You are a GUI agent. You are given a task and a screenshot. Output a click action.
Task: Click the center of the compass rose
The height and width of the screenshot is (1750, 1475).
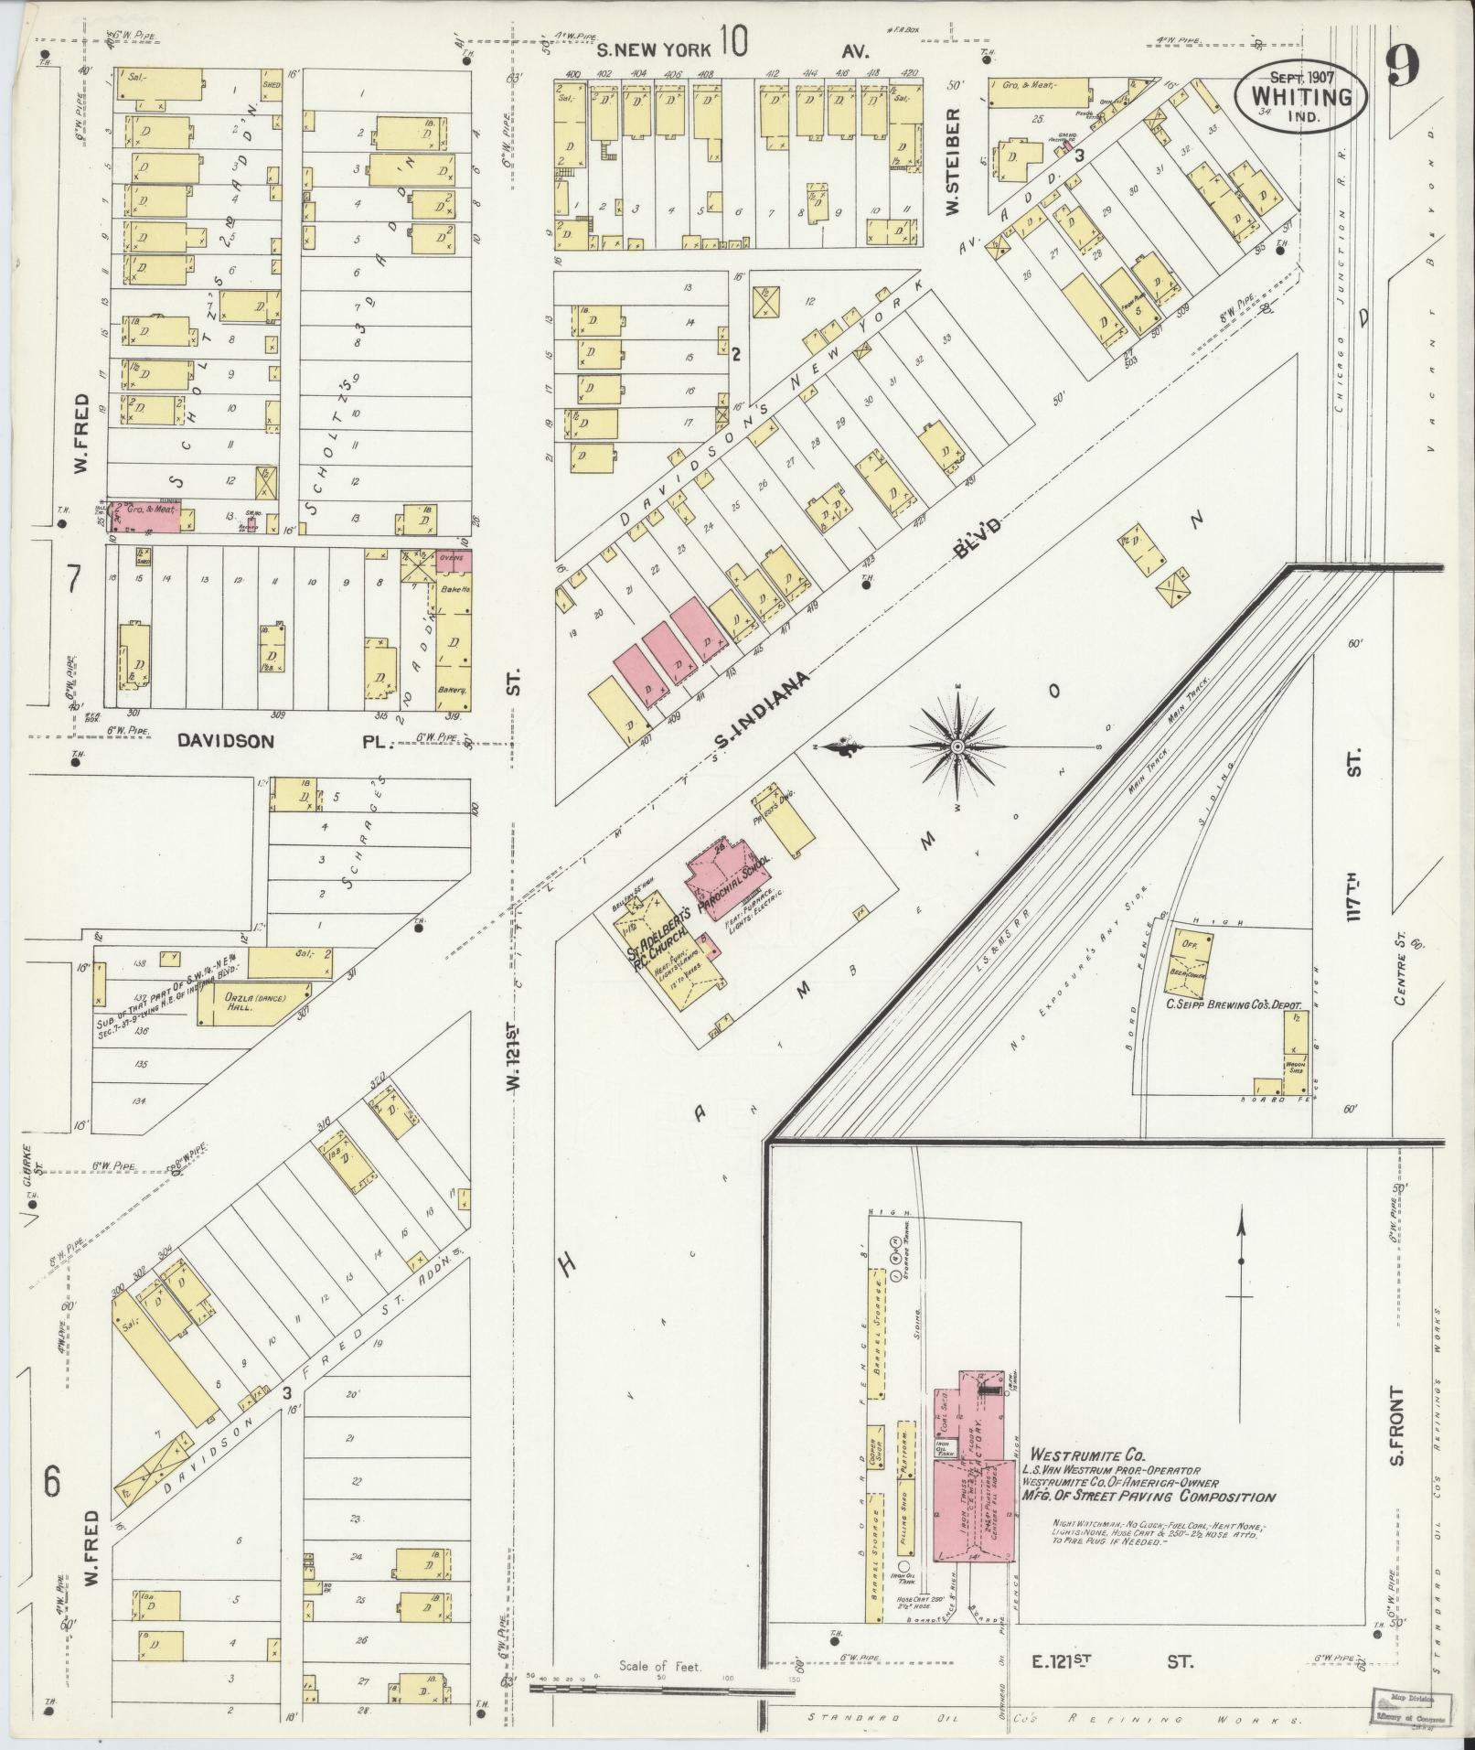pos(957,747)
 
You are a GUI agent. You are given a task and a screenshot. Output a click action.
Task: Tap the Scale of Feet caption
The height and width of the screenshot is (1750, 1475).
pos(658,1666)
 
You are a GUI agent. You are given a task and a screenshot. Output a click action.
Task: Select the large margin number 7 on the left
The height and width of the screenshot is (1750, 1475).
pos(73,580)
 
